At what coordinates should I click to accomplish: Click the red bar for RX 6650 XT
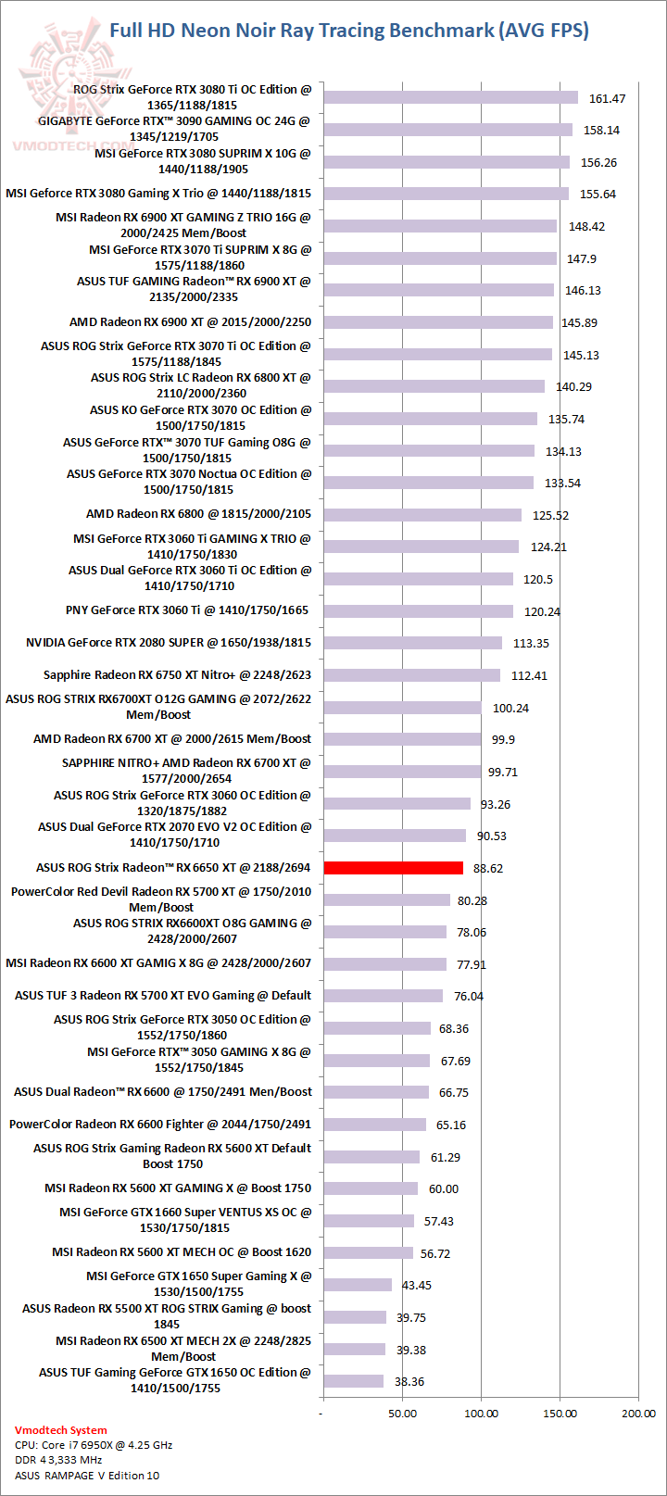click(x=393, y=868)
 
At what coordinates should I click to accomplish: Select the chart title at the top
click(x=349, y=31)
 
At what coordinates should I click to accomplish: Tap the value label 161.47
click(x=607, y=98)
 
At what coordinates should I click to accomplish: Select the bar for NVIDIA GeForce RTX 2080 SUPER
click(x=412, y=643)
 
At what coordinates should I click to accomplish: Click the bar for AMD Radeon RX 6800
click(x=422, y=515)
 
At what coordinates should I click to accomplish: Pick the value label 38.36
click(x=409, y=1381)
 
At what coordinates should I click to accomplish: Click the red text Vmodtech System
click(x=61, y=1430)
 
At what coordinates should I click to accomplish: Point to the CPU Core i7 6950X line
click(x=94, y=1445)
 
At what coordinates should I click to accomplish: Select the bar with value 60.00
click(x=371, y=1188)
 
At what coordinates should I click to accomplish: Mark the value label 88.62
click(x=487, y=868)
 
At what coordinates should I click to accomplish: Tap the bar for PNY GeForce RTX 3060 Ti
click(x=418, y=611)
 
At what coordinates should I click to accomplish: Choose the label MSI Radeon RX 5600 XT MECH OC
click(x=182, y=1252)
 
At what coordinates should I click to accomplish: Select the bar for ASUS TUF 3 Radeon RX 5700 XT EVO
click(x=383, y=996)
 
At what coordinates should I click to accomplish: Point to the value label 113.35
click(x=531, y=643)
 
